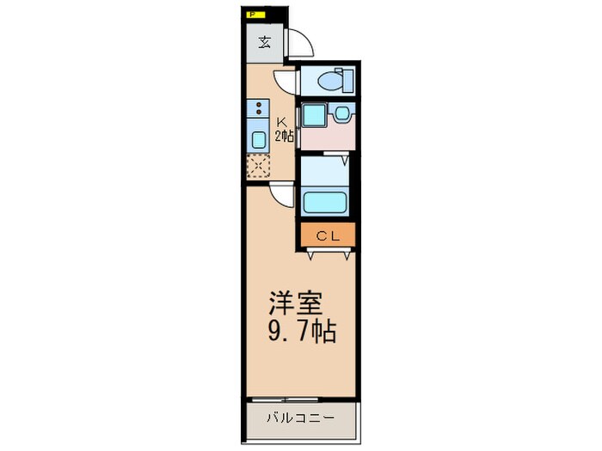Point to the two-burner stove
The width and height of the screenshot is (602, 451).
(x=257, y=109)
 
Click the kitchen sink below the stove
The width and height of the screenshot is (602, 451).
(x=258, y=139)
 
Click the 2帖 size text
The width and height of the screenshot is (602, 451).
(x=284, y=136)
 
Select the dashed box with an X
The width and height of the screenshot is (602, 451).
(x=258, y=167)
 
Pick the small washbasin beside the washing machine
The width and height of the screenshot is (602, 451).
(x=342, y=113)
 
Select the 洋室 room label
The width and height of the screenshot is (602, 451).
(x=296, y=305)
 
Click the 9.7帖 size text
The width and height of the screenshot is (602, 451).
(x=301, y=332)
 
